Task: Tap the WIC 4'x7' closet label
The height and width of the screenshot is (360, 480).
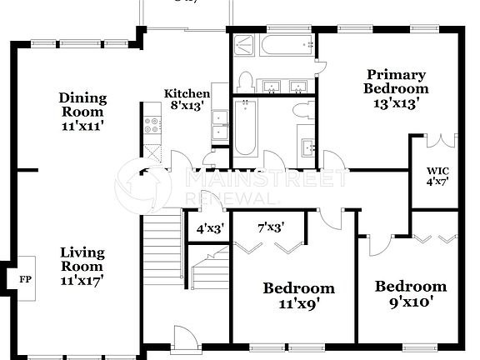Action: click(437, 176)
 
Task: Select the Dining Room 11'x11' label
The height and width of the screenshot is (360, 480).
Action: click(82, 112)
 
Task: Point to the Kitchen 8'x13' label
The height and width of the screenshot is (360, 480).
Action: click(187, 99)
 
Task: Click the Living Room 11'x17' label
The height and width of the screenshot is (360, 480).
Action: click(82, 263)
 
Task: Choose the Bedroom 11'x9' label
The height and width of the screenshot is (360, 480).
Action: click(299, 295)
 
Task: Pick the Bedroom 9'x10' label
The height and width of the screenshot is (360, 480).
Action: click(410, 293)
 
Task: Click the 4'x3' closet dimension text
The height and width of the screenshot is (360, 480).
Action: click(210, 227)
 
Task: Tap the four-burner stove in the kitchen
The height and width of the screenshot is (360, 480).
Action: click(153, 126)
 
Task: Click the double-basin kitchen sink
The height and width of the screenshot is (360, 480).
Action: click(219, 125)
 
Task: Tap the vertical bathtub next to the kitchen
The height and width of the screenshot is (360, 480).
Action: click(245, 127)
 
